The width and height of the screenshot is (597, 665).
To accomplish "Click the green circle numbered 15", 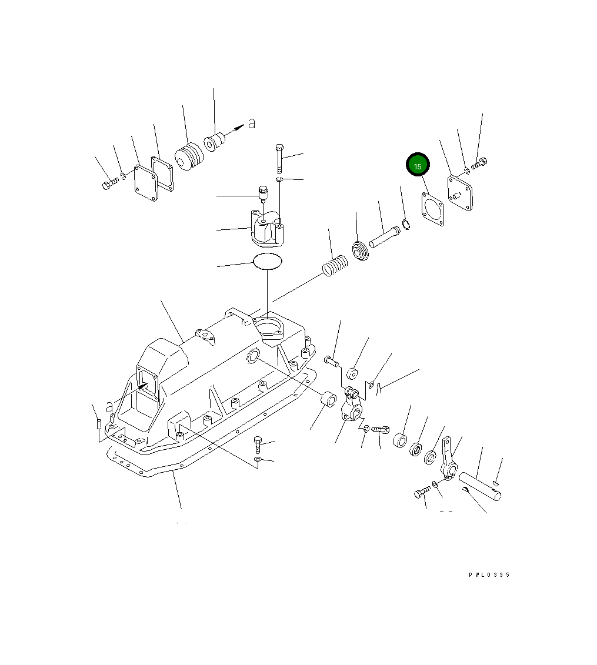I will [418, 166].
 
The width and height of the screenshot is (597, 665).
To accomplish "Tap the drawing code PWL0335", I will [489, 575].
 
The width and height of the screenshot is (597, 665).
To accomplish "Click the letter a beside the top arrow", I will [251, 123].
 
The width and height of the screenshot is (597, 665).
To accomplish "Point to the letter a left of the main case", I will [109, 406].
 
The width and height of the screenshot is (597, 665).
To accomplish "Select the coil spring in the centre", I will [335, 266].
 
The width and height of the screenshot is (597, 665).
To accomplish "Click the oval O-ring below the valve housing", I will [268, 261].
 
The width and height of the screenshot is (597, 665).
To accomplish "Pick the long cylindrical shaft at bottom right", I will [481, 486].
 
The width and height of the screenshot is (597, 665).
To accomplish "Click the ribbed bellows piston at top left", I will [189, 158].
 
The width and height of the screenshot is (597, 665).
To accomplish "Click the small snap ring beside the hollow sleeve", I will [406, 223].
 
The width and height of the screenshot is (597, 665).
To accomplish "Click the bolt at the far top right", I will [480, 163].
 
